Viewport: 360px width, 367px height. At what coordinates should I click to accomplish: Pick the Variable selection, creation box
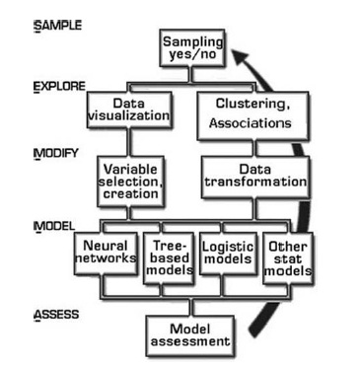pyautogui.click(x=130, y=181)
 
